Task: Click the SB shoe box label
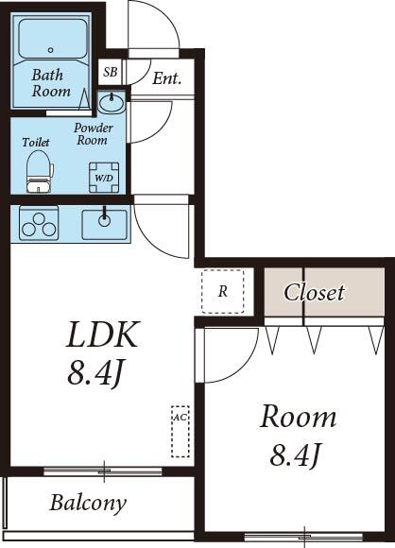pos(111,72)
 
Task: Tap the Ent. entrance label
pos(166,78)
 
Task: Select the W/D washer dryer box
pos(102,175)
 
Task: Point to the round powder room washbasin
pos(112,101)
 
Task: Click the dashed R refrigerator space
pos(223,291)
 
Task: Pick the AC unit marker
pos(179,431)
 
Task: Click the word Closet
pos(315,292)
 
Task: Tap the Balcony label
pos(88,503)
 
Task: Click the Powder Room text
pos(94,134)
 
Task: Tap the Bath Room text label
pos(51,83)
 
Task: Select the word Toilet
pos(36,143)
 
